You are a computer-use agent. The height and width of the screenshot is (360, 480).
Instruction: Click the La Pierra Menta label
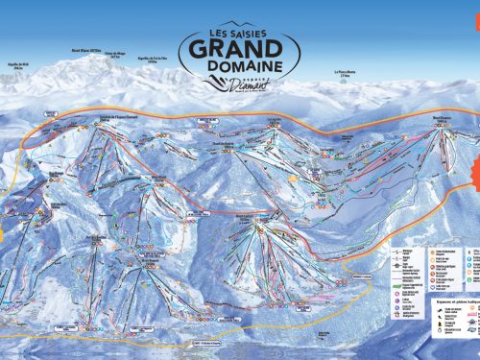pyautogui.click(x=345, y=73)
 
